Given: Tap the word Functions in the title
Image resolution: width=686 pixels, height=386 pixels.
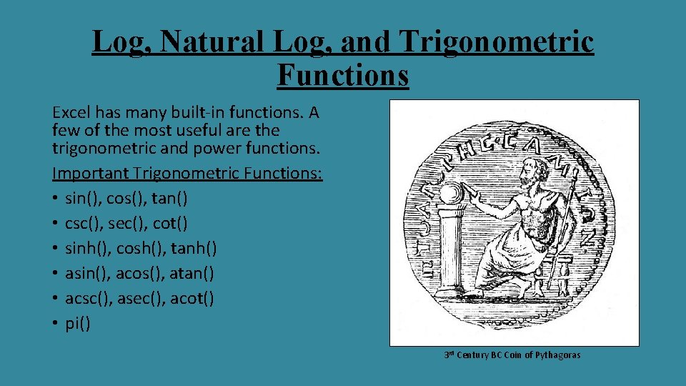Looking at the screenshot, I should coord(343,74).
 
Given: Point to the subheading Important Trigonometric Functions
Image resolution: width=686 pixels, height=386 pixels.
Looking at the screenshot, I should coord(187,174).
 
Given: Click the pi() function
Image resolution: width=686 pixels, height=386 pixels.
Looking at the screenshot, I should coord(77,323).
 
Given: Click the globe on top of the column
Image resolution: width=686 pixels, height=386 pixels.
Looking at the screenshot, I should coord(452,194).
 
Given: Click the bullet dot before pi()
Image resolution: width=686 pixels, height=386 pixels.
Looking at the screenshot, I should coord(56,323).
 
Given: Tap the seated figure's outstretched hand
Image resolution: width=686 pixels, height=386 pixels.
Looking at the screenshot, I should coord(470,193).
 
